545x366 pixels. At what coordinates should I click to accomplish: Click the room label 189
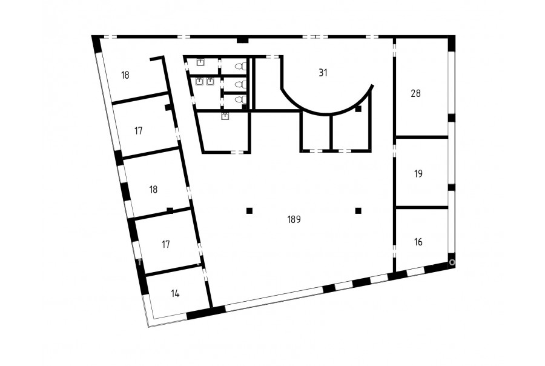click(x=294, y=219)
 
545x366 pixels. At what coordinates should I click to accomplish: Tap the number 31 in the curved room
click(x=323, y=73)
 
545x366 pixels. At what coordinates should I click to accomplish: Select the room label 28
click(x=415, y=93)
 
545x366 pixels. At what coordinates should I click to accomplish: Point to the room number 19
click(x=418, y=173)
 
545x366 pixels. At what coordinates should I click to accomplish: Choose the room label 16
click(x=418, y=242)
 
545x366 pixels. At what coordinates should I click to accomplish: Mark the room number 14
click(x=175, y=293)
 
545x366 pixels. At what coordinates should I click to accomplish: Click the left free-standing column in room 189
click(x=249, y=210)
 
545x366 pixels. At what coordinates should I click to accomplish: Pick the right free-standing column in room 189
click(x=358, y=210)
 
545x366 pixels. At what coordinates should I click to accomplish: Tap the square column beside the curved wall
click(x=358, y=109)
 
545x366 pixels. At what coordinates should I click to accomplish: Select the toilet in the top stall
click(x=240, y=66)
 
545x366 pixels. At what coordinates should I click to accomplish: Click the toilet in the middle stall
click(x=240, y=84)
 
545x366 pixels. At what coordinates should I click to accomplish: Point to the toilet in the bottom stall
click(x=240, y=100)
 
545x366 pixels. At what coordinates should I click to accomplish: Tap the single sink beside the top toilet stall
click(x=200, y=62)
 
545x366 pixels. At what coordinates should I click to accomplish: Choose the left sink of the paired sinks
click(x=199, y=81)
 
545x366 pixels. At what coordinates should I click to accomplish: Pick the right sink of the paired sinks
click(x=210, y=81)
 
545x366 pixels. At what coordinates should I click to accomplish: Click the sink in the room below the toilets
click(x=225, y=116)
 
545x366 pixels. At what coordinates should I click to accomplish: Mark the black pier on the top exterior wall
click(x=243, y=41)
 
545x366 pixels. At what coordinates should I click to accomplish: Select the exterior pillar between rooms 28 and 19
click(x=451, y=118)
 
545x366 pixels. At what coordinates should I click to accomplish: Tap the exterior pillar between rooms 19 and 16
click(x=451, y=187)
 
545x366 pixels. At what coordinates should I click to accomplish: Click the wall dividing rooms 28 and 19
click(x=422, y=137)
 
